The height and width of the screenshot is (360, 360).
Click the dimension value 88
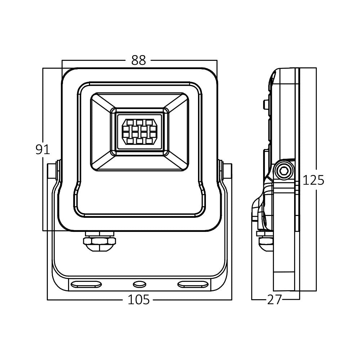139,60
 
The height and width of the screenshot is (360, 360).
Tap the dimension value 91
43,150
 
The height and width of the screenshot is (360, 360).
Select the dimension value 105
139,300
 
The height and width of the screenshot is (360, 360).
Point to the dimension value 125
314,180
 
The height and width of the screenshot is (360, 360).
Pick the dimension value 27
274,300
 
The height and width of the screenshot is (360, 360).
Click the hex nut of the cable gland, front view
99,241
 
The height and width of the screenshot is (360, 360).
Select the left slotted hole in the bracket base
86,284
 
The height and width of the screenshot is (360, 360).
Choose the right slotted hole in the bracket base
193,284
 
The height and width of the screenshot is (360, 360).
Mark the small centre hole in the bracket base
140,284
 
